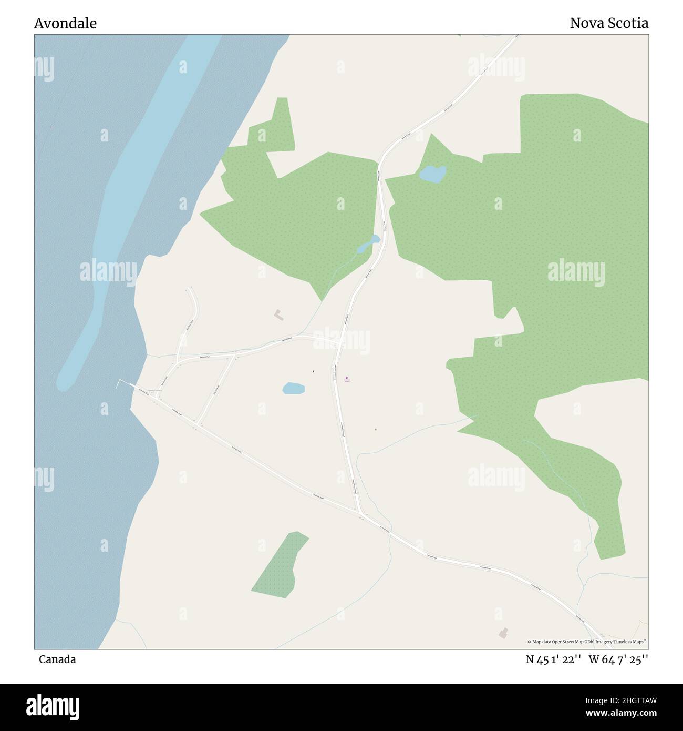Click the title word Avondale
[65, 24]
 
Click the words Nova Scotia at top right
[608, 23]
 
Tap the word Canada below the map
[57, 659]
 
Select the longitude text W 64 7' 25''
[618, 659]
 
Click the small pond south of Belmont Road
[293, 389]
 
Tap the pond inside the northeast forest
[432, 174]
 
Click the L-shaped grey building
[278, 315]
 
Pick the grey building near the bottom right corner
[504, 633]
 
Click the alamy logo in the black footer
[53, 706]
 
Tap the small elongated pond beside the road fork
[368, 243]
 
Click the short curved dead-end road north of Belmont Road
[191, 316]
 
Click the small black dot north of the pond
[314, 372]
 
